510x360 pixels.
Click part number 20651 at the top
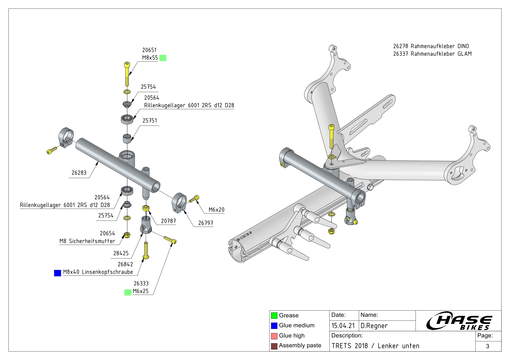pyautogui.click(x=149, y=50)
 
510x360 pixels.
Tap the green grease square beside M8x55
pyautogui.click(x=163, y=58)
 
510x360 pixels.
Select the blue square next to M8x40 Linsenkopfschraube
pyautogui.click(x=58, y=273)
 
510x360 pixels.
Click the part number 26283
pyautogui.click(x=79, y=173)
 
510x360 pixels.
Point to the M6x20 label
pyautogui.click(x=216, y=210)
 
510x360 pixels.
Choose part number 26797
pyautogui.click(x=206, y=223)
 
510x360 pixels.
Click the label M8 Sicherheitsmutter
pyautogui.click(x=87, y=241)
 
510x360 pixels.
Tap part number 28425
pyautogui.click(x=121, y=253)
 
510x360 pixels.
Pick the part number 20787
pyautogui.click(x=168, y=221)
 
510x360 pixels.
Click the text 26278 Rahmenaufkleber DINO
pyautogui.click(x=431, y=46)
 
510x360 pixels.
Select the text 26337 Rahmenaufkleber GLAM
pyautogui.click(x=432, y=54)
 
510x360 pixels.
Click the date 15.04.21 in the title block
pyautogui.click(x=343, y=326)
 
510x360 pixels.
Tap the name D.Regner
pyautogui.click(x=374, y=326)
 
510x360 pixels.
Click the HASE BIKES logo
pyautogui.click(x=459, y=321)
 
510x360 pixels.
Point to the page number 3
pyautogui.click(x=488, y=346)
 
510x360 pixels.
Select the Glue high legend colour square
pyautogui.click(x=274, y=336)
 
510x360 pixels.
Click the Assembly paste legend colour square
pyautogui.click(x=274, y=346)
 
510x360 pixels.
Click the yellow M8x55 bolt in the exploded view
pyautogui.click(x=127, y=74)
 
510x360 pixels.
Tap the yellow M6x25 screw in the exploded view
pyautogui.click(x=170, y=240)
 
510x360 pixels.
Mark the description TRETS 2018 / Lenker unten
pyautogui.click(x=375, y=346)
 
